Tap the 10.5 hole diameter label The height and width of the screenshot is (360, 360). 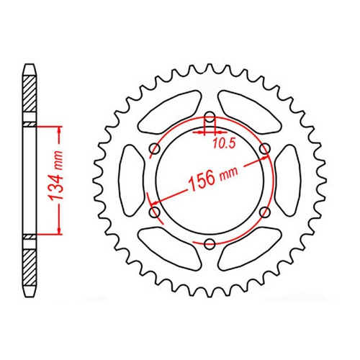click(224, 143)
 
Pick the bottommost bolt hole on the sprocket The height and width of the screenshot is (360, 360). click(209, 243)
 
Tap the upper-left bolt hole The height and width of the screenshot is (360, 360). click(154, 148)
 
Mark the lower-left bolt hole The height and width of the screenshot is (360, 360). click(154, 211)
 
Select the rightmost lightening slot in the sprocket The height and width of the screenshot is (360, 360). click(285, 180)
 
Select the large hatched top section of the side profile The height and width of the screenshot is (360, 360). click(29, 94)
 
